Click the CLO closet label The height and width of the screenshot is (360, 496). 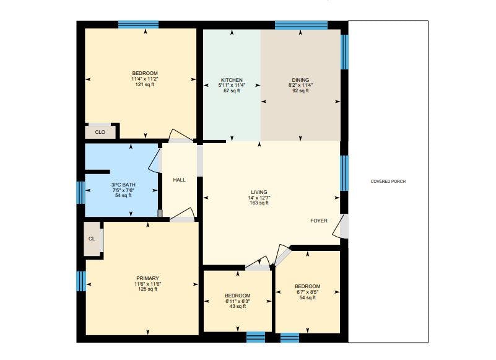[x=100, y=132]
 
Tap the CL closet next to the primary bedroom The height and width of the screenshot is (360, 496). [x=92, y=239]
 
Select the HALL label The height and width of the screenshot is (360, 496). [x=180, y=180]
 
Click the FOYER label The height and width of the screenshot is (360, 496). [x=319, y=221]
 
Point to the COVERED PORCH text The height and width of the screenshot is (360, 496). [x=388, y=182]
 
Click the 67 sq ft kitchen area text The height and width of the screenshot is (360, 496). [x=232, y=91]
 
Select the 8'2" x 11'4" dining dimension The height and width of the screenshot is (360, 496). [x=300, y=85]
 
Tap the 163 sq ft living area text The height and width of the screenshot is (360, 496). [x=259, y=203]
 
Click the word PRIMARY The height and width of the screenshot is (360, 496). [x=148, y=278]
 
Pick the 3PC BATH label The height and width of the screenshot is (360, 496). [x=123, y=185]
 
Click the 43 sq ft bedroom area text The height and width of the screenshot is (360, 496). [x=238, y=307]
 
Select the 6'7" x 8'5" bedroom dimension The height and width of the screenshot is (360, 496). [x=308, y=292]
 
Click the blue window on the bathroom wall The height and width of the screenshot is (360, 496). [x=81, y=192]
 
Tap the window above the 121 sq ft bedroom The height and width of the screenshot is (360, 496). [x=138, y=24]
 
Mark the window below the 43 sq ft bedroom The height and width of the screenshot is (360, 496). [x=256, y=337]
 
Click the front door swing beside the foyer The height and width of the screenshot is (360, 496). [x=339, y=226]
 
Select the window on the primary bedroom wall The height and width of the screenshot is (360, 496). [x=81, y=281]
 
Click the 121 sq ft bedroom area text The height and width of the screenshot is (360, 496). [x=145, y=84]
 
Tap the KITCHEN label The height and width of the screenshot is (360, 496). [x=232, y=80]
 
